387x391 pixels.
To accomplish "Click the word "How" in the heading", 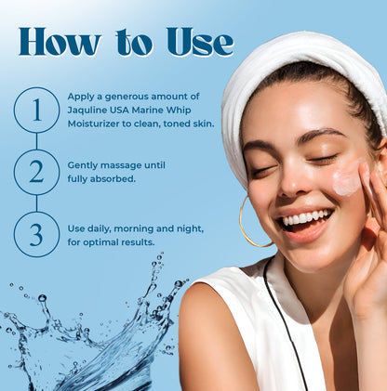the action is [60, 42].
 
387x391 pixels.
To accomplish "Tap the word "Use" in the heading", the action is [200, 42].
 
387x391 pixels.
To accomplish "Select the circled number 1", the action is [36, 110].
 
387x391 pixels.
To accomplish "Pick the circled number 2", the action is [36, 172].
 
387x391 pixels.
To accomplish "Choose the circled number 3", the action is [36, 235].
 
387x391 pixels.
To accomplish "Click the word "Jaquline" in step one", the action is [83, 111].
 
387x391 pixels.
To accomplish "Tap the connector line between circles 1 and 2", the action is [36, 141].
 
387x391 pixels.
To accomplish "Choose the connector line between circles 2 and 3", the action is [36, 203].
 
